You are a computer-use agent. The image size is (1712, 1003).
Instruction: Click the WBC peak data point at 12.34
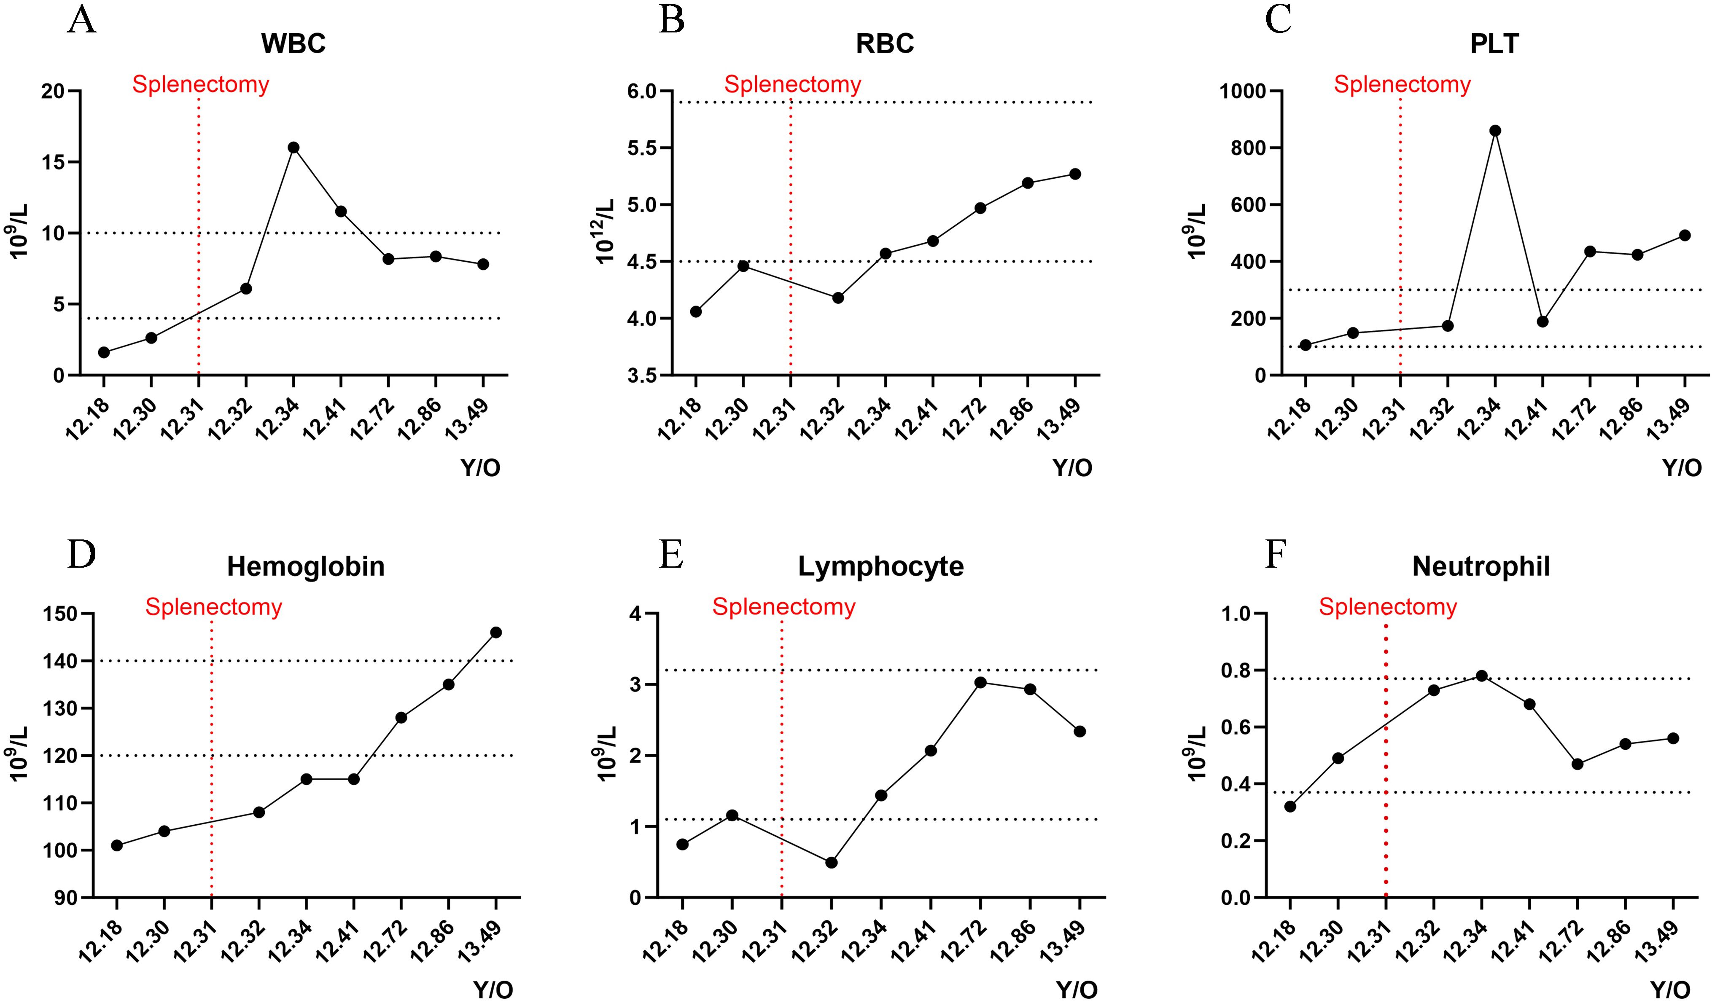[293, 147]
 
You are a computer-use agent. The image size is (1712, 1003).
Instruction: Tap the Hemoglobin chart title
[306, 566]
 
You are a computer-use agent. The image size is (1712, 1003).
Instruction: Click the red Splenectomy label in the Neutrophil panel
[1388, 606]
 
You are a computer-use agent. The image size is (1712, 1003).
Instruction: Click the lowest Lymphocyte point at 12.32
[831, 862]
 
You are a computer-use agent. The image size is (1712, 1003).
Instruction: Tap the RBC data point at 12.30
[743, 266]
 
